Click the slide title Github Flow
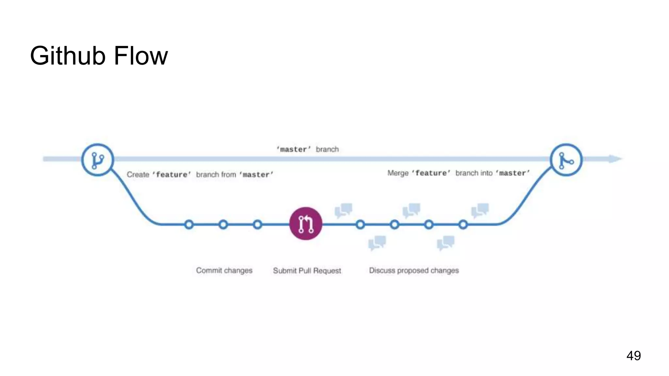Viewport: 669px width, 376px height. [x=99, y=56]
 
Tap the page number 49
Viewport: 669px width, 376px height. [x=633, y=355]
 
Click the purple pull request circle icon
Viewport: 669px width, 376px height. [x=306, y=224]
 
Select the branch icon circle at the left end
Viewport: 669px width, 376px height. [x=97, y=160]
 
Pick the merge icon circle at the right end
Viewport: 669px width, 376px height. [x=566, y=160]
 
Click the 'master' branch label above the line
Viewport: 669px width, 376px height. [x=307, y=149]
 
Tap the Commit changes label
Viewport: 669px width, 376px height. [x=224, y=271]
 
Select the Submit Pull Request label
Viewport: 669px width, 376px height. [x=307, y=271]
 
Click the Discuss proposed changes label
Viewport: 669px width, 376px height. [x=414, y=271]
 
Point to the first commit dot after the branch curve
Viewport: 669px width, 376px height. [x=189, y=225]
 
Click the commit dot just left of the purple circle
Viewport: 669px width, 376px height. [x=257, y=225]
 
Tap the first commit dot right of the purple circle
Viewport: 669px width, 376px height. [x=360, y=225]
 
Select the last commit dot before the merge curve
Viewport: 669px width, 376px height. [x=463, y=225]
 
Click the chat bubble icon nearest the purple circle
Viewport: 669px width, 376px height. [x=344, y=210]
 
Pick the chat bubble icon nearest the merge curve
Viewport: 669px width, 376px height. [x=480, y=210]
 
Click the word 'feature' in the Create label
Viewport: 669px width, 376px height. [x=171, y=175]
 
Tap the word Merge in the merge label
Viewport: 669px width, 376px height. [x=398, y=173]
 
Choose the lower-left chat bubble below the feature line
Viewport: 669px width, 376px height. [x=377, y=243]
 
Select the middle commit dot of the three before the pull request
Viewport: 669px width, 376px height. [x=223, y=225]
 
